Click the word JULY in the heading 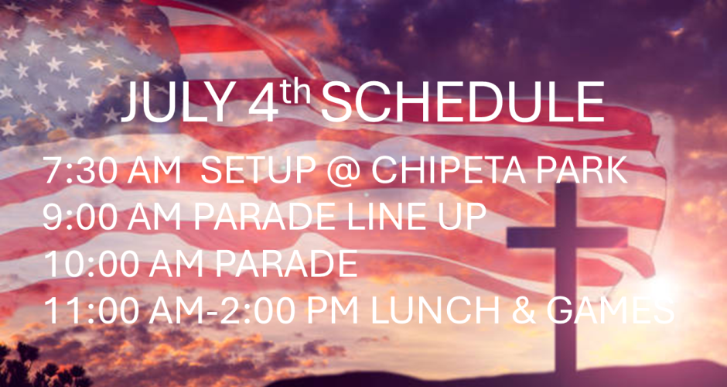click(178, 102)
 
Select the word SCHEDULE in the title click(462, 102)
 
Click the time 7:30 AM click(112, 171)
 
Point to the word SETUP click(259, 171)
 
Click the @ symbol click(343, 172)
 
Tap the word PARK click(582, 171)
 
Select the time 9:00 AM click(112, 217)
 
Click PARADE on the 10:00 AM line click(285, 264)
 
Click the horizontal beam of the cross click(567, 237)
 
